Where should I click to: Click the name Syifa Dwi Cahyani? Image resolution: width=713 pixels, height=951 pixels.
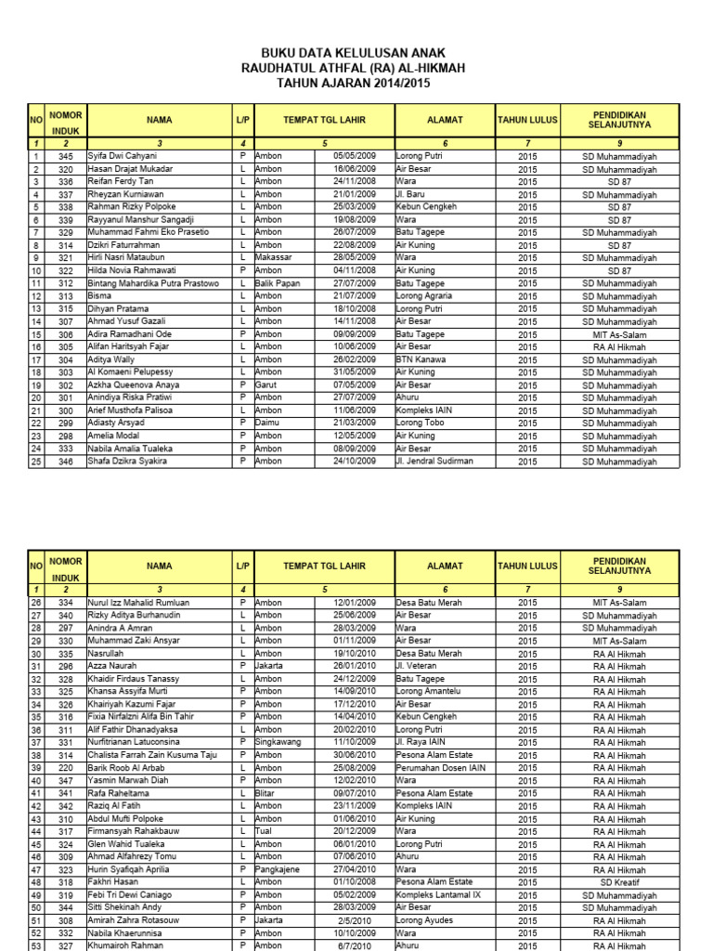(x=123, y=157)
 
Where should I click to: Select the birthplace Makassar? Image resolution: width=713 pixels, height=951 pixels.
(x=274, y=257)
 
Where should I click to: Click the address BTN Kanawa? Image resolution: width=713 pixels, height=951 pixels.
(x=421, y=359)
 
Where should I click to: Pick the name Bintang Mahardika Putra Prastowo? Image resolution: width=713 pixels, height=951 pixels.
(x=153, y=283)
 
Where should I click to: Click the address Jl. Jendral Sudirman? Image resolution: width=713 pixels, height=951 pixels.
(x=434, y=461)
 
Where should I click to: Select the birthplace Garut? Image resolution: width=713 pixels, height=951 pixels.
(x=266, y=384)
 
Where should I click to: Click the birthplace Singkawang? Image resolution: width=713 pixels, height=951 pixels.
(x=278, y=743)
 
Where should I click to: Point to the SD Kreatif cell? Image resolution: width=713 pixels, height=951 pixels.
(x=619, y=882)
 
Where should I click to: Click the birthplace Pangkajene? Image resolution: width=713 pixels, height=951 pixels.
(x=279, y=869)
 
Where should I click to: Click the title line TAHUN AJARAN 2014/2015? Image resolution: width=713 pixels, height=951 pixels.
(x=354, y=84)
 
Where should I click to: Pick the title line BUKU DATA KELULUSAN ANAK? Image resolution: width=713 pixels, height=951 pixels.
(x=354, y=54)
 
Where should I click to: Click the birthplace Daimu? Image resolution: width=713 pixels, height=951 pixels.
(x=267, y=423)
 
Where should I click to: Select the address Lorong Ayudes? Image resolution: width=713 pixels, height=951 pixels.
(x=426, y=920)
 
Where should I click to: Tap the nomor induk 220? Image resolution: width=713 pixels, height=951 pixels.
(x=65, y=768)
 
